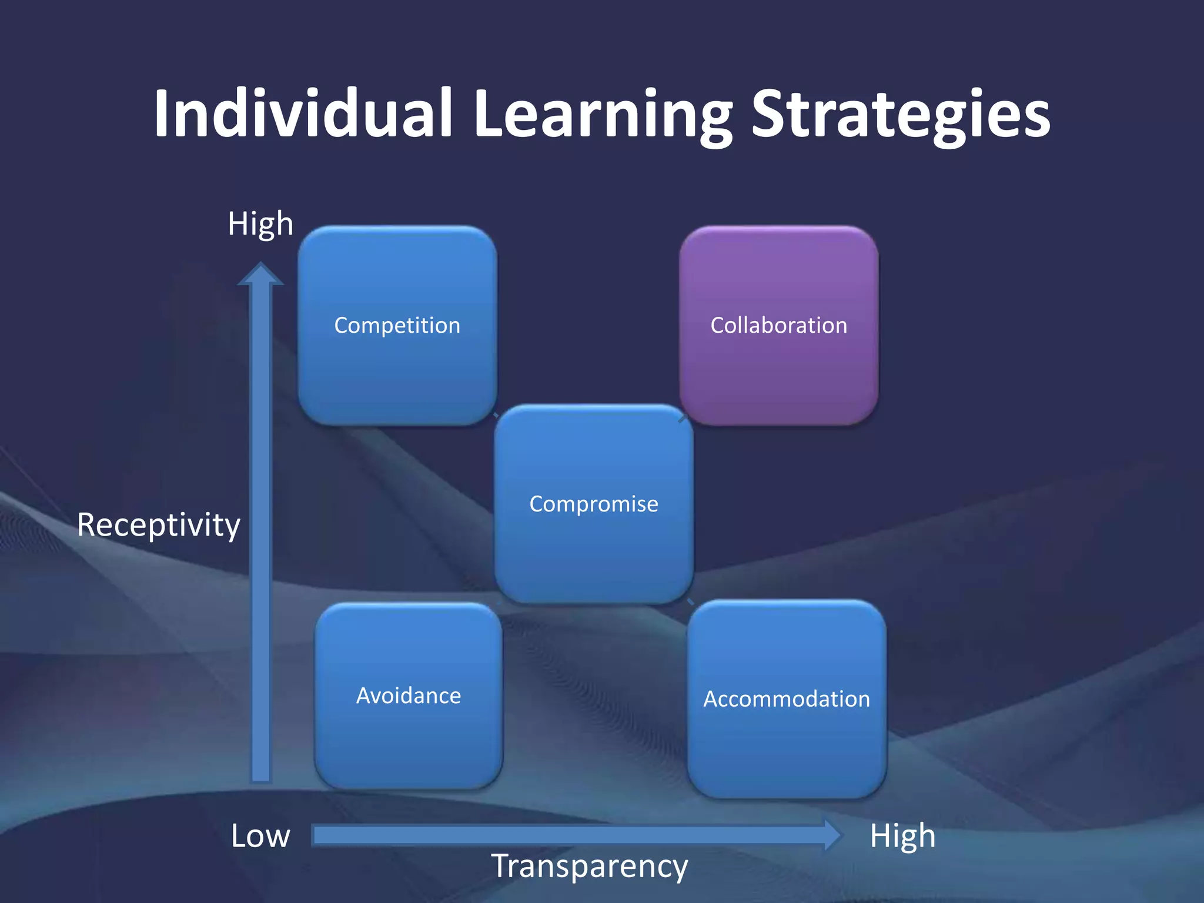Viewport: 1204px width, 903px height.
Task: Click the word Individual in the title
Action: tap(303, 113)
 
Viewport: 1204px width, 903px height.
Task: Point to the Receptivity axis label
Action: tap(159, 525)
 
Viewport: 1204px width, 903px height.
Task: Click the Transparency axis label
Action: tap(590, 867)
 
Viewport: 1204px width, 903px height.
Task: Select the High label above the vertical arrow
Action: tap(260, 224)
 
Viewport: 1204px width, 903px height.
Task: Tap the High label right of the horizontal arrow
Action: tap(902, 835)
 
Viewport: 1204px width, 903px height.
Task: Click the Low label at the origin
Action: tap(260, 835)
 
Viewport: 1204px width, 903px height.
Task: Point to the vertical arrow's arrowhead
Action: tap(260, 275)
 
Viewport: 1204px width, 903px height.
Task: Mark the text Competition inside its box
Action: tap(397, 325)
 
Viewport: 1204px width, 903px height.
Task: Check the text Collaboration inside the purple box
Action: tap(779, 325)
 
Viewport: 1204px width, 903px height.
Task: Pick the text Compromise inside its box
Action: tap(594, 504)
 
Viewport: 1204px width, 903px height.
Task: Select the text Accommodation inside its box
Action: tap(787, 699)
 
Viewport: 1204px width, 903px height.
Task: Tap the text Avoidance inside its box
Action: tap(409, 696)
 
